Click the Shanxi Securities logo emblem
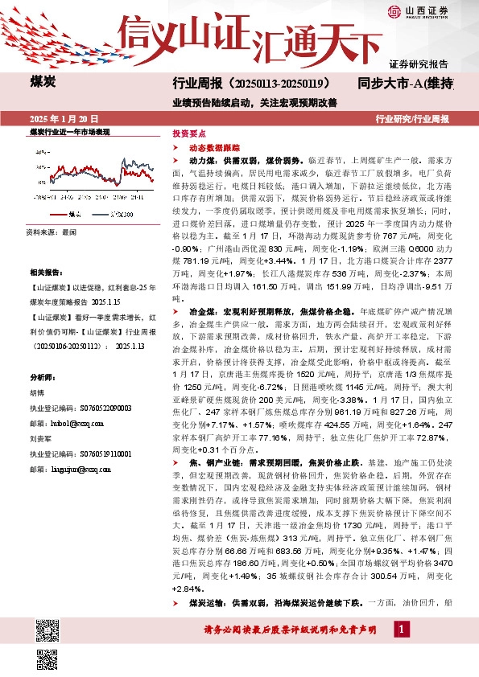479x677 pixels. [394, 10]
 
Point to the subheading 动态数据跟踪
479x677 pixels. [209, 149]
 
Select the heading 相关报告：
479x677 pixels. [45, 273]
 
